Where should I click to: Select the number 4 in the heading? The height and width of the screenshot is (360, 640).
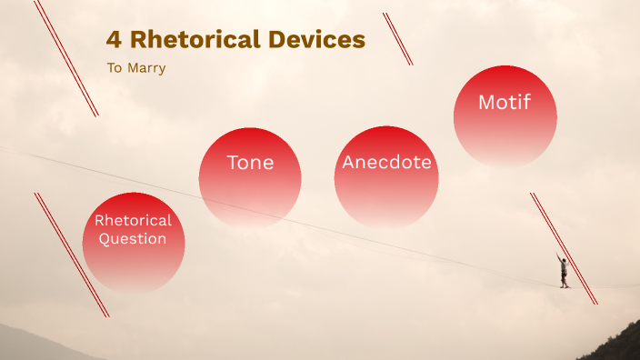pyautogui.click(x=114, y=40)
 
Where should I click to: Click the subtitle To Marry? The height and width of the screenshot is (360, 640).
pyautogui.click(x=136, y=68)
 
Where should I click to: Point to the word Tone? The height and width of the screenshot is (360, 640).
pyautogui.click(x=250, y=163)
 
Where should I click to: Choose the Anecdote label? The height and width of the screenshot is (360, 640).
pyautogui.click(x=386, y=163)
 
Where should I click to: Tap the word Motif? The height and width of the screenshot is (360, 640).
pyautogui.click(x=505, y=103)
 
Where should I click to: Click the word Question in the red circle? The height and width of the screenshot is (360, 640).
pyautogui.click(x=133, y=239)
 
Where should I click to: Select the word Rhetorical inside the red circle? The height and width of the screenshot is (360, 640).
pyautogui.click(x=133, y=221)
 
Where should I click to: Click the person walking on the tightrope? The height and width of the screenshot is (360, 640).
pyautogui.click(x=564, y=271)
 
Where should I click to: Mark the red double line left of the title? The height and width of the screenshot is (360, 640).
pyautogui.click(x=65, y=58)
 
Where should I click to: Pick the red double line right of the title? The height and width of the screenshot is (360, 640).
pyautogui.click(x=397, y=38)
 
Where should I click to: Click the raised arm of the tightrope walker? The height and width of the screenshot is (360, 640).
pyautogui.click(x=560, y=257)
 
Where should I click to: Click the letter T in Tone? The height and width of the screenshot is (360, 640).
pyautogui.click(x=233, y=163)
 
